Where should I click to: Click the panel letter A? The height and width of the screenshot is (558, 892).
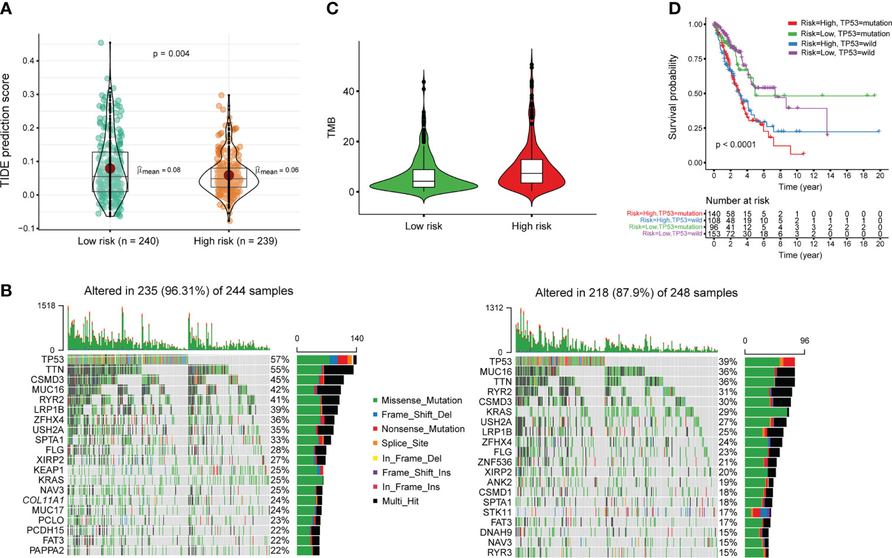[6, 8]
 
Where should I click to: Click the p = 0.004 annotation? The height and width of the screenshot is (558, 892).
[171, 54]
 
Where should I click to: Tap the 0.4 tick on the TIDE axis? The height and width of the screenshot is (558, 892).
[28, 61]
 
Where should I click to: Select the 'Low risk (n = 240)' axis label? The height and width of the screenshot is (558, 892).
[118, 241]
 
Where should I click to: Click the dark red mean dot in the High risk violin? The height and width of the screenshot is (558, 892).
[228, 175]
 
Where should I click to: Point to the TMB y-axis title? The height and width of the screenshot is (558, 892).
[331, 127]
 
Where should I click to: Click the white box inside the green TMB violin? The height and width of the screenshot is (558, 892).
[423, 178]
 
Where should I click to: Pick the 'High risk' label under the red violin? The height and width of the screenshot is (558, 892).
[531, 226]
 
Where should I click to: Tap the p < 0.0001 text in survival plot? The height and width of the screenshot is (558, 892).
[735, 145]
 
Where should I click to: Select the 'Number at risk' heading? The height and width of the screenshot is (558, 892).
[737, 201]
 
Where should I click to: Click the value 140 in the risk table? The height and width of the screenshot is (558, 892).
[714, 213]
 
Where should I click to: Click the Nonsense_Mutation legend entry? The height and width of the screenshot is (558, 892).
[422, 429]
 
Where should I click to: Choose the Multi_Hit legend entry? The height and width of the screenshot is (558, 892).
[400, 502]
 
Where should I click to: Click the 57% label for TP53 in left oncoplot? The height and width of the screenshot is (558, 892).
[279, 360]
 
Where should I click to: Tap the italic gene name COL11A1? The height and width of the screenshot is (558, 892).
[43, 500]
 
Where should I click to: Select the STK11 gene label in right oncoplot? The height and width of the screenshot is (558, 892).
[498, 512]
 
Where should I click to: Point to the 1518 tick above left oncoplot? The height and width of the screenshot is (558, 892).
[46, 306]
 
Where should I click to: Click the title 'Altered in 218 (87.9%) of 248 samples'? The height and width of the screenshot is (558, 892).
[636, 293]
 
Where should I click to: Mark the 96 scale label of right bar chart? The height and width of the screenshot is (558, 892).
[804, 341]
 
